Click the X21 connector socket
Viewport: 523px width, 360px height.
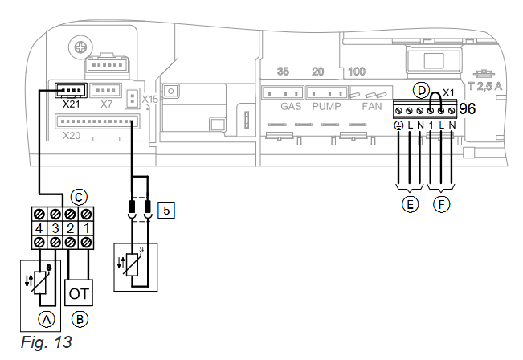[71, 90]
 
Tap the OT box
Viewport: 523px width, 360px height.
[79, 292]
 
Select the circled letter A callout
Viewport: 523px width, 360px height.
[47, 320]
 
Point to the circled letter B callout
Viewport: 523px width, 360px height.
[80, 319]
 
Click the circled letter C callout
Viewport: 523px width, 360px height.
[79, 197]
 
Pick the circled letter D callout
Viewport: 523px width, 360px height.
[421, 90]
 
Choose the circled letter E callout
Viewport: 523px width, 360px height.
[410, 204]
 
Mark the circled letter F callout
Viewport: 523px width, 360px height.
[442, 204]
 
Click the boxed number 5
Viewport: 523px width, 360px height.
[166, 211]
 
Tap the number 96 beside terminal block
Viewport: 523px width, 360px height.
[467, 108]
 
